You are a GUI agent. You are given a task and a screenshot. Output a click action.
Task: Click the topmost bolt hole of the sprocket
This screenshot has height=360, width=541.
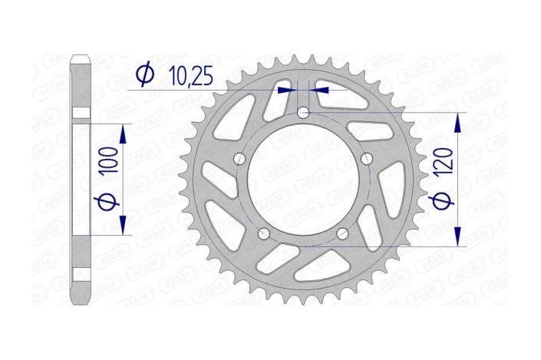(304, 114)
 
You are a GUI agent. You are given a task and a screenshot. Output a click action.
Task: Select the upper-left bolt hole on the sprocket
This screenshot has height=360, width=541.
(239, 159)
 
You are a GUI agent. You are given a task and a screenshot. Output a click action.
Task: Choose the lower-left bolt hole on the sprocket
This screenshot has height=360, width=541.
(264, 233)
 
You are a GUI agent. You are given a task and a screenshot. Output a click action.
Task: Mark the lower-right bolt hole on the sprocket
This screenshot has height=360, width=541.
(342, 233)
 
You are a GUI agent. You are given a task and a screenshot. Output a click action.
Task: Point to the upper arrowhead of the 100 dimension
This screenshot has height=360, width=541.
(123, 128)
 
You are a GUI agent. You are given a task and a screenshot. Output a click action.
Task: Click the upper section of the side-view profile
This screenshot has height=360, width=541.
(81, 84)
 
